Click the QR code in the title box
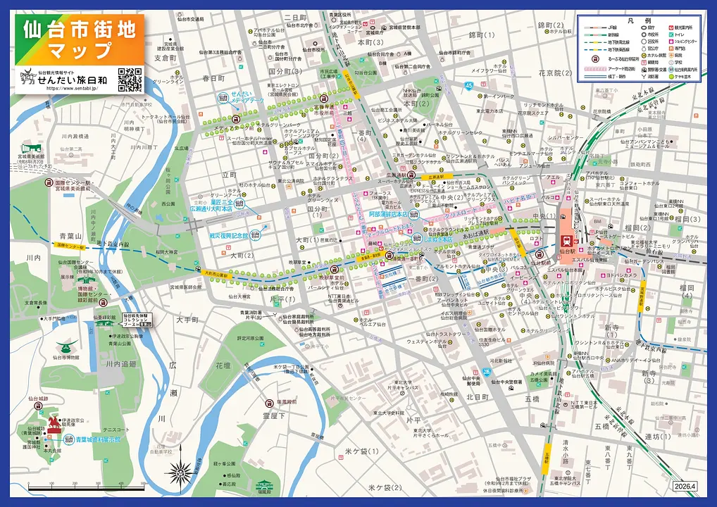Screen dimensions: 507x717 pyautogui.click(x=130, y=79)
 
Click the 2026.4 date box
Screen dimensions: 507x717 pyautogui.click(x=684, y=486)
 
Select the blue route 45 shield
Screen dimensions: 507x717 pyautogui.click(x=468, y=85)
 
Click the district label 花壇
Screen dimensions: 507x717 pyautogui.click(x=223, y=365)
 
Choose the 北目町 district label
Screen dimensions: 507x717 pyautogui.click(x=477, y=397)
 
